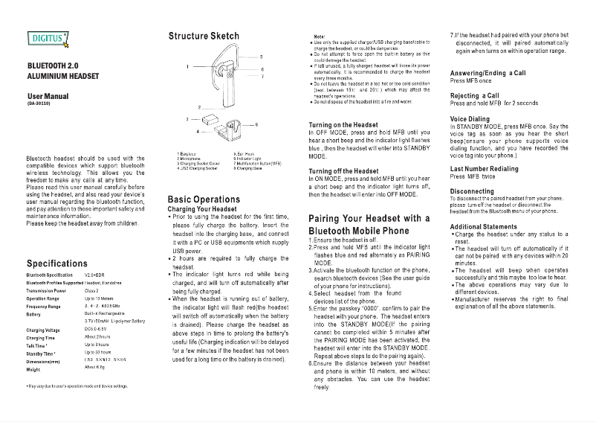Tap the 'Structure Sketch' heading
coord(204,36)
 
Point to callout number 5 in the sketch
coord(261,57)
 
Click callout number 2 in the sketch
coord(198,108)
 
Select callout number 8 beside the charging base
coord(256,124)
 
